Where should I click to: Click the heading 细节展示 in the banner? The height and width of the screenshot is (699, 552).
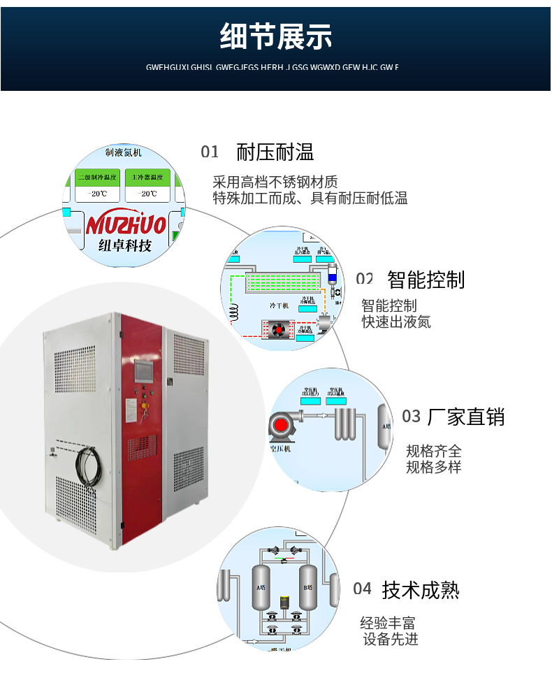pos(276,36)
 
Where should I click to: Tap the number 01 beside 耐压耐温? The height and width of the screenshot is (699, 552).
pos(210,152)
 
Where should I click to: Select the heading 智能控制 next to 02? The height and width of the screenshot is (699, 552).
pos(426,280)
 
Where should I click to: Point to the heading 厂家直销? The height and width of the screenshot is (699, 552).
pos(465,417)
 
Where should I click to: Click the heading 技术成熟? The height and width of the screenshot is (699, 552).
pos(421,590)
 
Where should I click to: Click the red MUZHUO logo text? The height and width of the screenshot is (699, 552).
pos(126,224)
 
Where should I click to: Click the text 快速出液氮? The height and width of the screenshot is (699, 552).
pos(396,322)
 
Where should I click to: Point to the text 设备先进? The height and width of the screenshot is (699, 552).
pos(391,639)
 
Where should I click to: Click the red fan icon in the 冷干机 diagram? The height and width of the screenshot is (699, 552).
pos(279,329)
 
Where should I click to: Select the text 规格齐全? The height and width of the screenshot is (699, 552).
pos(434,451)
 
